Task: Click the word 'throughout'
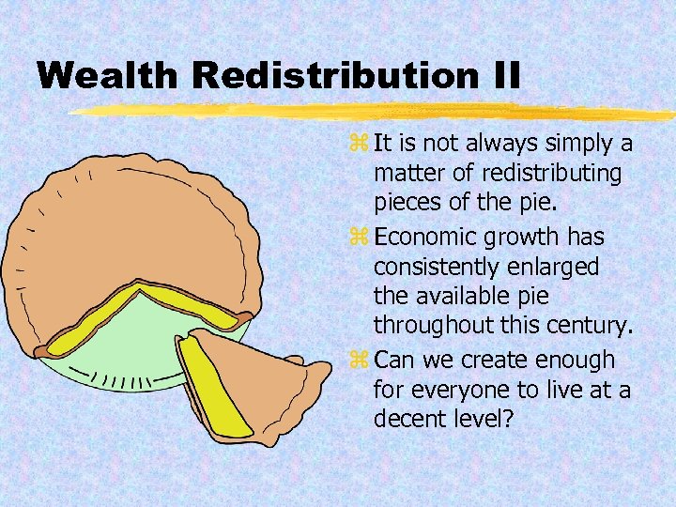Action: [433, 326]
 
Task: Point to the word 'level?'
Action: [480, 418]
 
